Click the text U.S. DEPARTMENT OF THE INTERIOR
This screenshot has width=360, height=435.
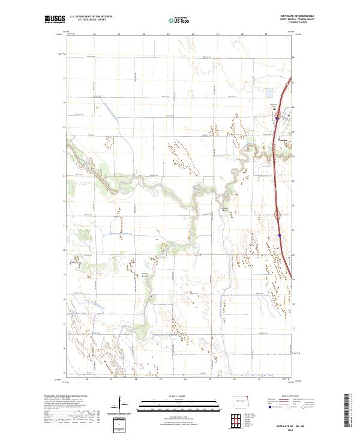(91, 16)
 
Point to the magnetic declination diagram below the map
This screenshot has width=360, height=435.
(121, 405)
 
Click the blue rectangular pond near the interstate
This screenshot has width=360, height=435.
(270, 94)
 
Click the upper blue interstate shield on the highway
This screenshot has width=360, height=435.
(277, 118)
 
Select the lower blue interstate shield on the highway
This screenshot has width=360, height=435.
(280, 236)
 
